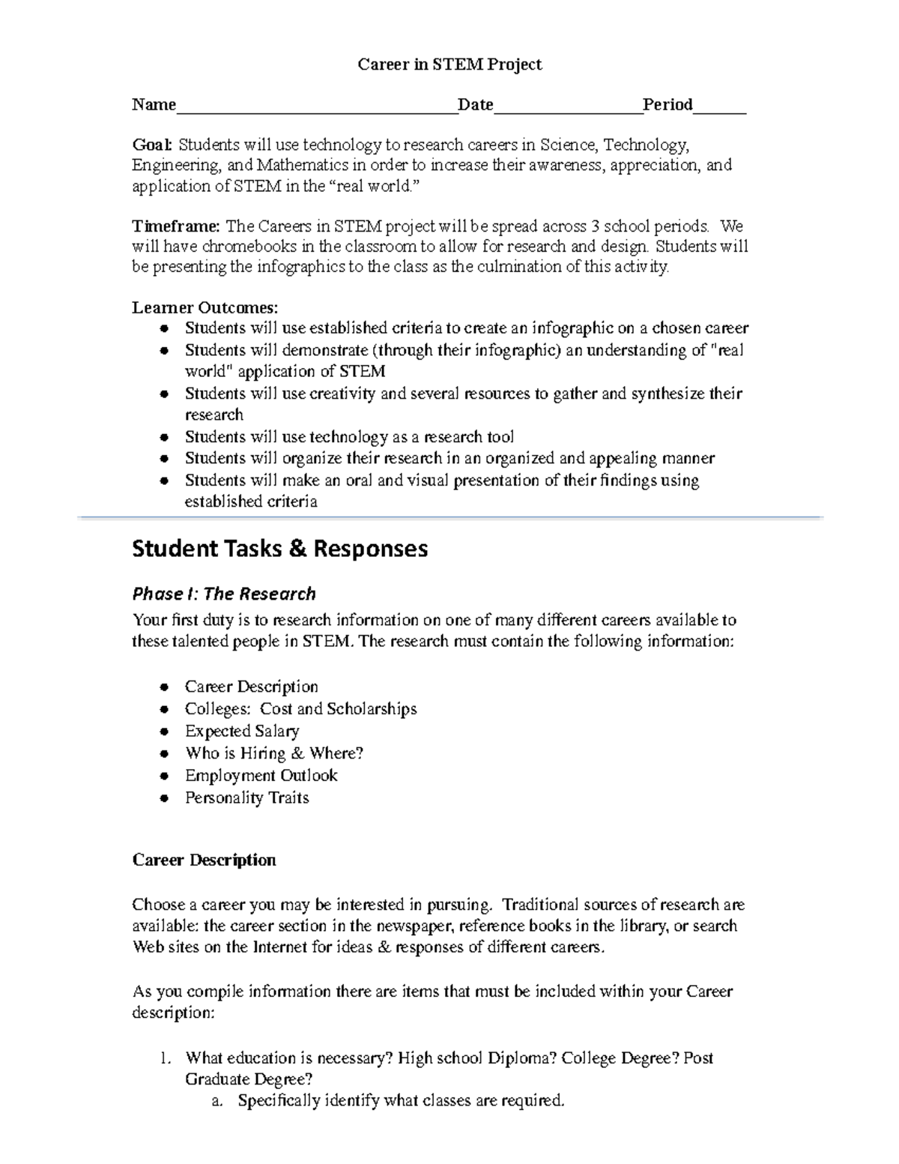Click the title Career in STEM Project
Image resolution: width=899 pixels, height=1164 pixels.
[x=449, y=65]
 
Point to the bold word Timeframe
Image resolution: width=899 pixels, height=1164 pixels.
[x=175, y=226]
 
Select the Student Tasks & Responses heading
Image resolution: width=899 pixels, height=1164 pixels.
[x=280, y=549]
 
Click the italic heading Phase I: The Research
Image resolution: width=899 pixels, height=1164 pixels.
[x=224, y=594]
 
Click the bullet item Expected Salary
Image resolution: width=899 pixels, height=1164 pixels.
[x=242, y=731]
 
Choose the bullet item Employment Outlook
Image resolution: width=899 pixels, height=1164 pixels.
[x=261, y=775]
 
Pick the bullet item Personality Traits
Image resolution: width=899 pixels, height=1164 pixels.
[x=246, y=797]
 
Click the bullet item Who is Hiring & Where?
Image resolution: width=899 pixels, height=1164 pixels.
[x=273, y=753]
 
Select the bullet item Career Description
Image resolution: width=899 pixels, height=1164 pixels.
[x=251, y=687]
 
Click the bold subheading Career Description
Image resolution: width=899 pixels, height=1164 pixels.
[x=204, y=860]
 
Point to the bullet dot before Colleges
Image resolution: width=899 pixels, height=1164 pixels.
[x=165, y=710]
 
